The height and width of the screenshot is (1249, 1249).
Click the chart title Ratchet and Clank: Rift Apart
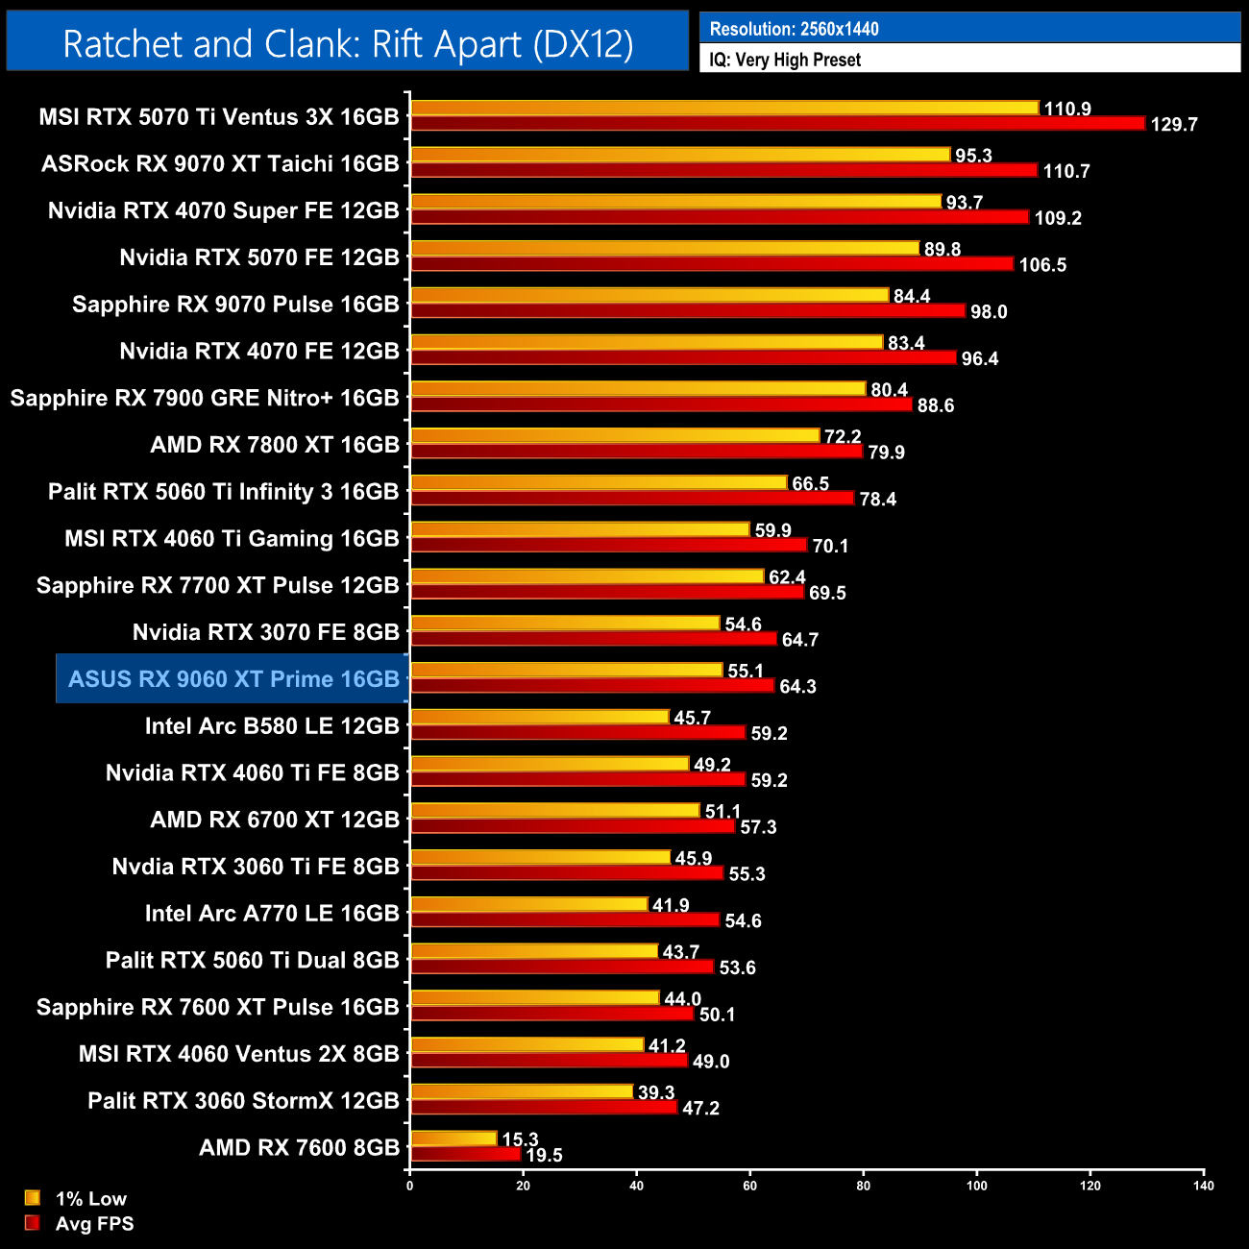(x=348, y=44)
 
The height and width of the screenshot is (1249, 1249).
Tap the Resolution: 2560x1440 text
(x=794, y=29)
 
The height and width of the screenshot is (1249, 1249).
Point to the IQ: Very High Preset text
(x=785, y=60)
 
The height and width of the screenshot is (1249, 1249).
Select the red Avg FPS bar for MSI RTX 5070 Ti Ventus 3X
(x=777, y=123)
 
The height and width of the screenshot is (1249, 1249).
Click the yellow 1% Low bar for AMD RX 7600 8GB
(x=453, y=1139)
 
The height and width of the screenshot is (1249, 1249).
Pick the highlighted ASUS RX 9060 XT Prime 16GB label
(x=233, y=679)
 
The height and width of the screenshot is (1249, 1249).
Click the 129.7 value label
(x=1173, y=125)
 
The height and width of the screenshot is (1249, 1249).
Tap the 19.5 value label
(x=544, y=1156)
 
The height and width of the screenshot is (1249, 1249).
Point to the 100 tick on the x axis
(x=976, y=1186)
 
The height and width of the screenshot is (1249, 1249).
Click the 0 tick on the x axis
(x=410, y=1186)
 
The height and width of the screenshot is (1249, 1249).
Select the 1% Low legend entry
(x=90, y=1199)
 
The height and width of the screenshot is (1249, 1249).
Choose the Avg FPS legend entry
(x=94, y=1224)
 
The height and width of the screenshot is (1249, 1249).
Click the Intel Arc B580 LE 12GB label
(x=272, y=726)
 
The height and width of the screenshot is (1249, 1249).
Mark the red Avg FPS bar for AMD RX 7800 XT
(x=636, y=451)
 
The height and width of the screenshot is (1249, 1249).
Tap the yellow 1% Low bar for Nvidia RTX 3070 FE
(x=565, y=624)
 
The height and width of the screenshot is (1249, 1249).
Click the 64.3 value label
(x=797, y=687)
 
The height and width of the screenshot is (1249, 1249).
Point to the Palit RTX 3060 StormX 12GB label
(x=243, y=1101)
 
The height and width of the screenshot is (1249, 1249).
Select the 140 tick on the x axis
(x=1203, y=1186)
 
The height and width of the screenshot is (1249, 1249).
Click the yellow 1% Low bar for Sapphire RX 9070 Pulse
(x=649, y=295)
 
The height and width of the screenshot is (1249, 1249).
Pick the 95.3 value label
(x=973, y=156)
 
